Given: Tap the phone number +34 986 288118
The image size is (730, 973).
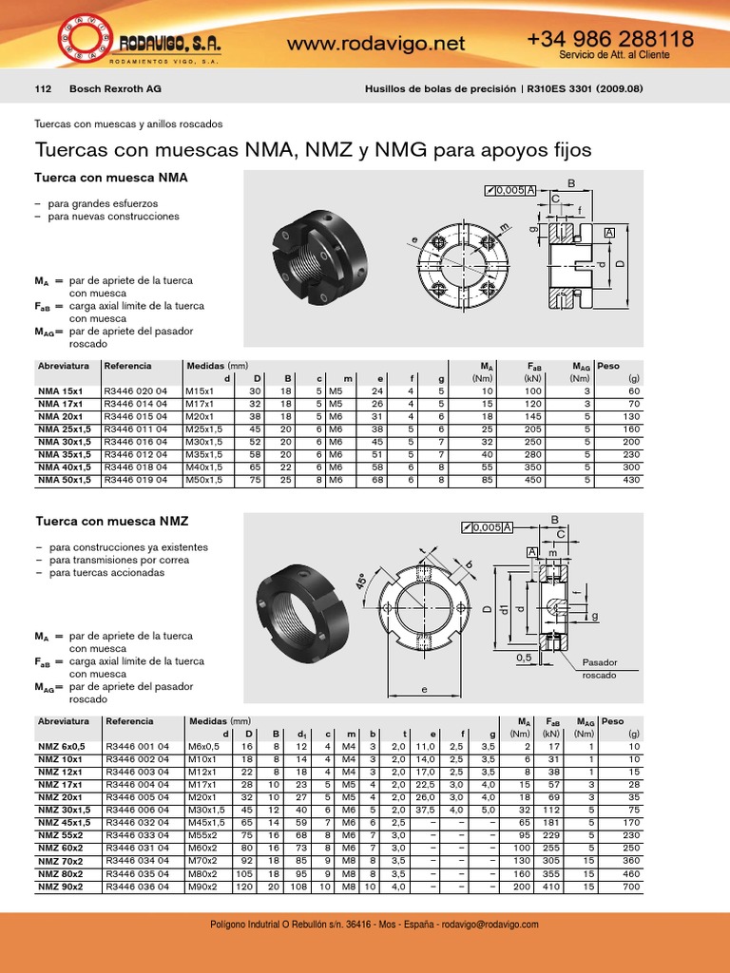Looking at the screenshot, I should click(x=609, y=38).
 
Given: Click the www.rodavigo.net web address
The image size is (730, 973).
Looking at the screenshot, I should click(x=375, y=43).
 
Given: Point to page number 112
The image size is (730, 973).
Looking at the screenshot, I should click(x=42, y=89).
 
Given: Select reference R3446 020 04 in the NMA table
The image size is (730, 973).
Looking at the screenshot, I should click(x=136, y=391).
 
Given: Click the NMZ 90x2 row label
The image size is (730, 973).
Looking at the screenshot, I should click(x=61, y=886).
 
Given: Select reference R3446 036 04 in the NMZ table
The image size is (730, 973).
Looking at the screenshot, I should click(x=138, y=886).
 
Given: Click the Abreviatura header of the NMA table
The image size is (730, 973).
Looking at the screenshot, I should click(x=63, y=366).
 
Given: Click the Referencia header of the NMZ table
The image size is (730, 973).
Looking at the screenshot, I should click(x=130, y=721).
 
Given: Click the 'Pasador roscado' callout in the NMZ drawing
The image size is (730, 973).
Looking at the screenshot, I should click(x=599, y=669).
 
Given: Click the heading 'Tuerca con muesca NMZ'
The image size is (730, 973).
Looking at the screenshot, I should click(x=111, y=522).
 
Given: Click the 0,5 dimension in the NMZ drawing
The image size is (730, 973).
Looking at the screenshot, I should click(x=523, y=657).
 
